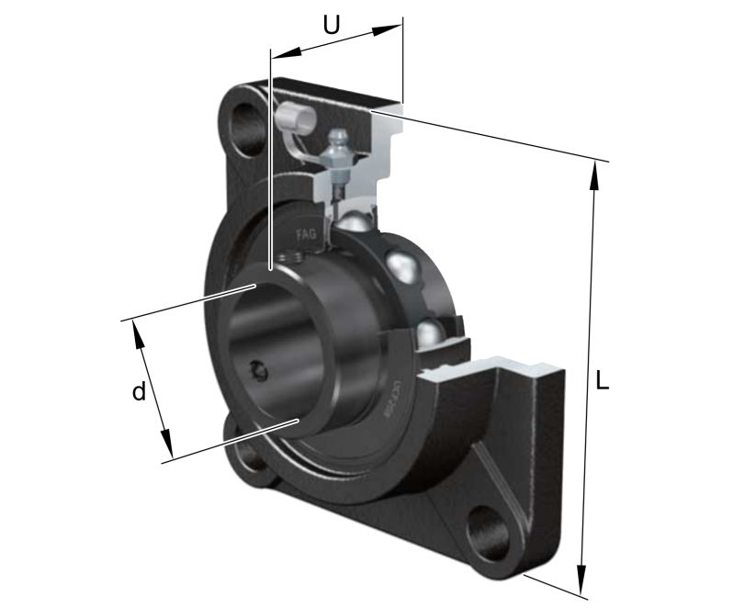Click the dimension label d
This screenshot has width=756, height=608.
138,392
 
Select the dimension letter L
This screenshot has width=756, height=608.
602,379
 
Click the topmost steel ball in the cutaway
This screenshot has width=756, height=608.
354,222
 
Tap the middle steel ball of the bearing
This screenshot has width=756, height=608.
403,267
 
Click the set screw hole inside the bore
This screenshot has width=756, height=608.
258,370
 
